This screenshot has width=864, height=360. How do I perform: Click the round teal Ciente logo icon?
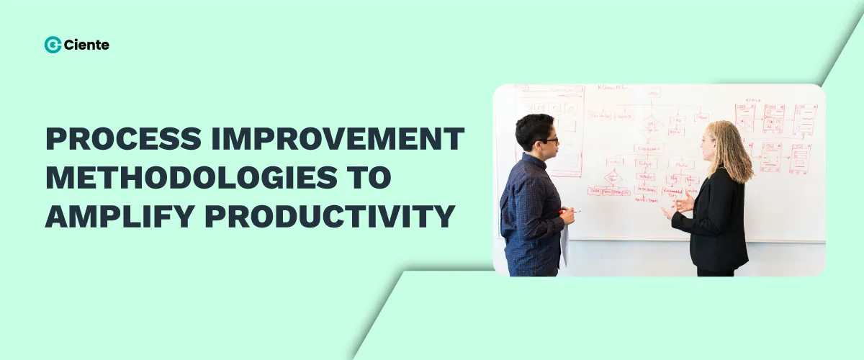53,45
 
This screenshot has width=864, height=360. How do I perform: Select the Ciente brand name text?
86,45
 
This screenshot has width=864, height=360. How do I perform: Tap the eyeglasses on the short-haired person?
549,140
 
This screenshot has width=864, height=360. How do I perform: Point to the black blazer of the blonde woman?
713,223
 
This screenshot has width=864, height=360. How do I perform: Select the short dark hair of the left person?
533,127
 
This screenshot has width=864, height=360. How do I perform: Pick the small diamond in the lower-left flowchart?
613,176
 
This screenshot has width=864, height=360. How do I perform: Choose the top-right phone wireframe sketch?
805,119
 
